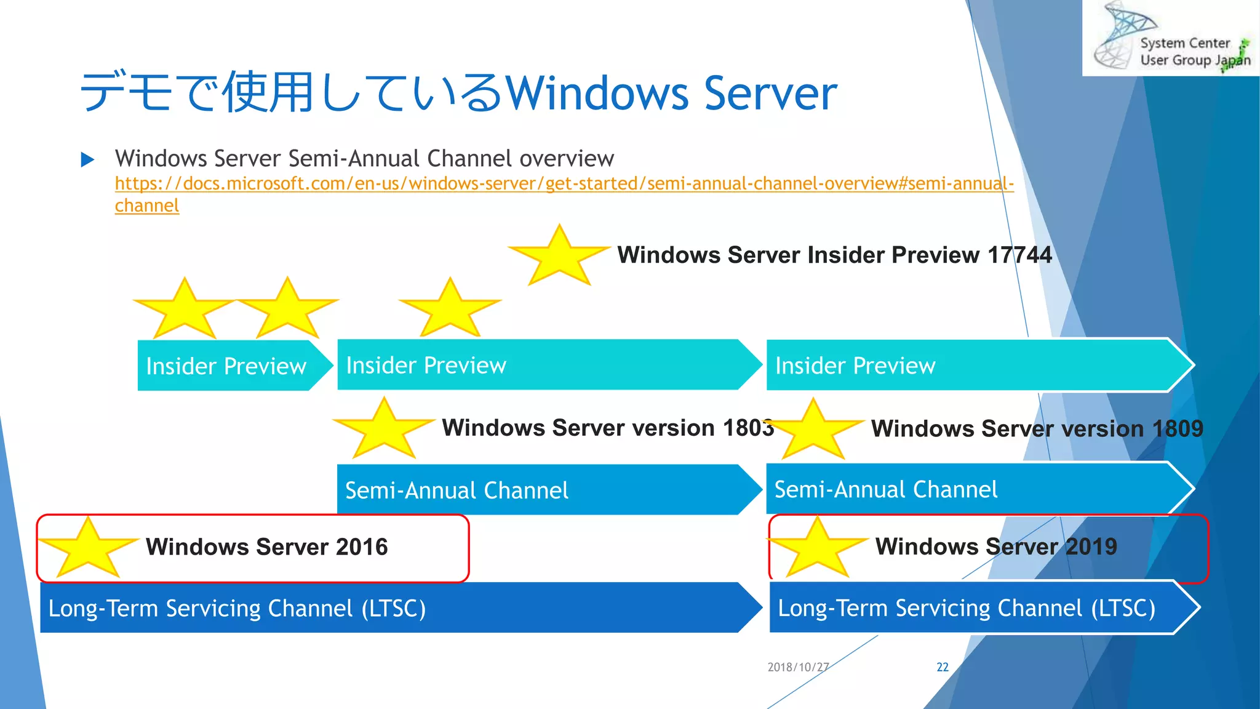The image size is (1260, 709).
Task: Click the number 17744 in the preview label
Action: (x=1019, y=255)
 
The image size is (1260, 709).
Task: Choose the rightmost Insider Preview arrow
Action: (x=978, y=366)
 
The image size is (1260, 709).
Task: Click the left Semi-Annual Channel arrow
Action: (x=541, y=491)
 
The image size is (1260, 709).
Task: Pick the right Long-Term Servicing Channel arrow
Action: (x=978, y=608)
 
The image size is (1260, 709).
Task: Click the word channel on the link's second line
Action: (x=146, y=206)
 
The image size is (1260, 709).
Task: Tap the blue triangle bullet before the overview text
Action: (x=87, y=160)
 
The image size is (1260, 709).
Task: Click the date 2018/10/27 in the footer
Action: (x=798, y=667)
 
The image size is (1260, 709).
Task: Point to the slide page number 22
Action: (x=942, y=667)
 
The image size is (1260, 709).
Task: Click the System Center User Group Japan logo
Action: (x=1171, y=38)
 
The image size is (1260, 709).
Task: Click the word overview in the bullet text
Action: (x=566, y=159)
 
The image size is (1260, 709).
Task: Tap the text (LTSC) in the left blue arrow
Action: (x=393, y=609)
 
